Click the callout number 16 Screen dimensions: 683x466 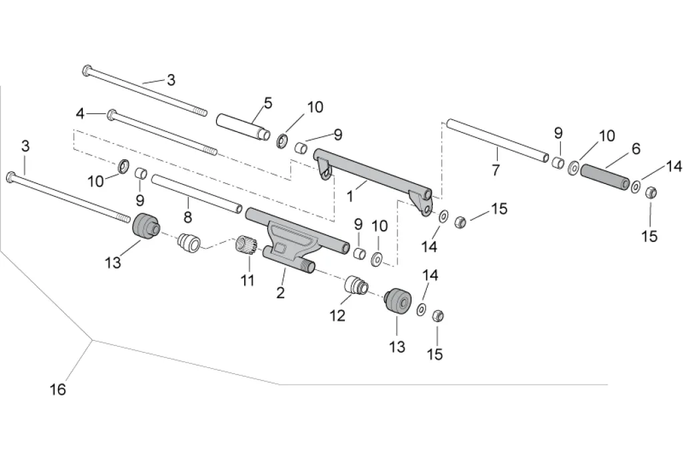58,389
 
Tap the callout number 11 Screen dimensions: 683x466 248,279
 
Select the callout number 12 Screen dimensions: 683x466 337,315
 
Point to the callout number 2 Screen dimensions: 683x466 281,293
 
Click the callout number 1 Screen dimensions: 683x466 350,197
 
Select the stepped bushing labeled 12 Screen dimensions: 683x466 357,285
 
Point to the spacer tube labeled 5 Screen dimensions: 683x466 243,127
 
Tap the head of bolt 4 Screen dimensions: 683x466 112,115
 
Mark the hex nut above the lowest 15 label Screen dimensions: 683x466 438,315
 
